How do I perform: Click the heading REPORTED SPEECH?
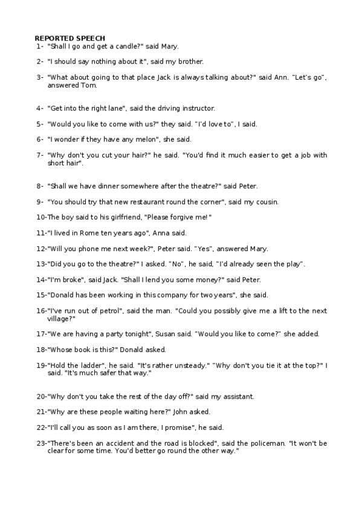tap(69, 37)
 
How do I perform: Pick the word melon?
tap(135, 139)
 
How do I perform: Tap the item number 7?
tap(39, 155)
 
